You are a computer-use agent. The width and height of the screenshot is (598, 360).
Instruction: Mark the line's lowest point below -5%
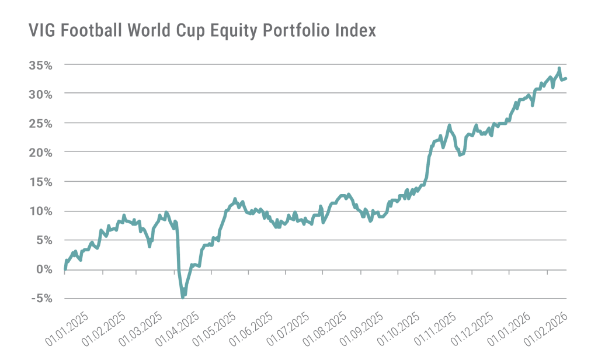coord(183,297)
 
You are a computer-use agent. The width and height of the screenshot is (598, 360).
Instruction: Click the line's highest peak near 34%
coord(559,68)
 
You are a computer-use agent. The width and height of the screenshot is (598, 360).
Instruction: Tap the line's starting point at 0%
coord(64,269)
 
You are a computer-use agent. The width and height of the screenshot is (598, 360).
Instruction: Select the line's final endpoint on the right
coord(566,78)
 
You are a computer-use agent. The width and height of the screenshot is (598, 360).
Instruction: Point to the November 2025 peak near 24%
coord(449,126)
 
